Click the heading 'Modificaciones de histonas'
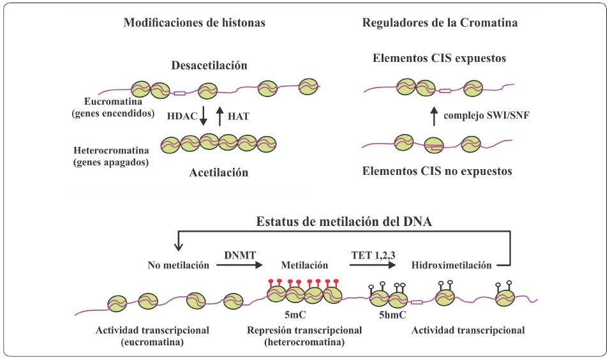pos(194,24)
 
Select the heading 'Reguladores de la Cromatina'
pos(440,24)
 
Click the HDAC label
pos(181,117)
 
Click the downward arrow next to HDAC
pos(203,116)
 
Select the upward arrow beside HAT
pos(219,116)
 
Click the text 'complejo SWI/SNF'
pos(489,117)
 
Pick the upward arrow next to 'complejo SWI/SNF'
pos(435,116)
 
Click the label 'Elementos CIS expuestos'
pos(439,59)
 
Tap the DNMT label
pos(239,253)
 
